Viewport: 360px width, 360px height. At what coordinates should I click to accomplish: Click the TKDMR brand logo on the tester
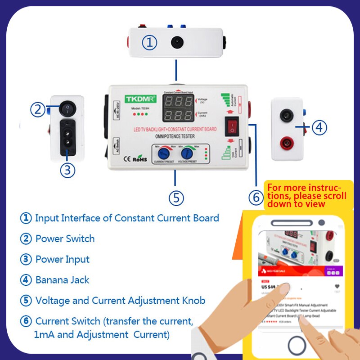pyautogui.click(x=140, y=99)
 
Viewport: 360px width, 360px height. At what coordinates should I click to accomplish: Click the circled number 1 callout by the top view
pyautogui.click(x=150, y=43)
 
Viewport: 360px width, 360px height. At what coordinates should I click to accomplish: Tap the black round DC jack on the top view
pyautogui.click(x=176, y=42)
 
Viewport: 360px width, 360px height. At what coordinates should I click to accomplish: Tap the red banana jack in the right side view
pyautogui.click(x=285, y=144)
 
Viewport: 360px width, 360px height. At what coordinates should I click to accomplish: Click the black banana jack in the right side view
pyautogui.click(x=285, y=116)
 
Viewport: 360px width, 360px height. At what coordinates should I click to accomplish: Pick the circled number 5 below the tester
pyautogui.click(x=176, y=198)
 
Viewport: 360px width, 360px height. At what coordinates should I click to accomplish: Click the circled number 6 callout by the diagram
pyautogui.click(x=256, y=198)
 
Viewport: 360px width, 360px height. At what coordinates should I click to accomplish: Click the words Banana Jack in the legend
pyautogui.click(x=63, y=280)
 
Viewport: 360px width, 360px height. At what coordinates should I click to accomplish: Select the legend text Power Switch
pyautogui.click(x=65, y=238)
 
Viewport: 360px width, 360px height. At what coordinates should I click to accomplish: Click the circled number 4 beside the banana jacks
pyautogui.click(x=319, y=128)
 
